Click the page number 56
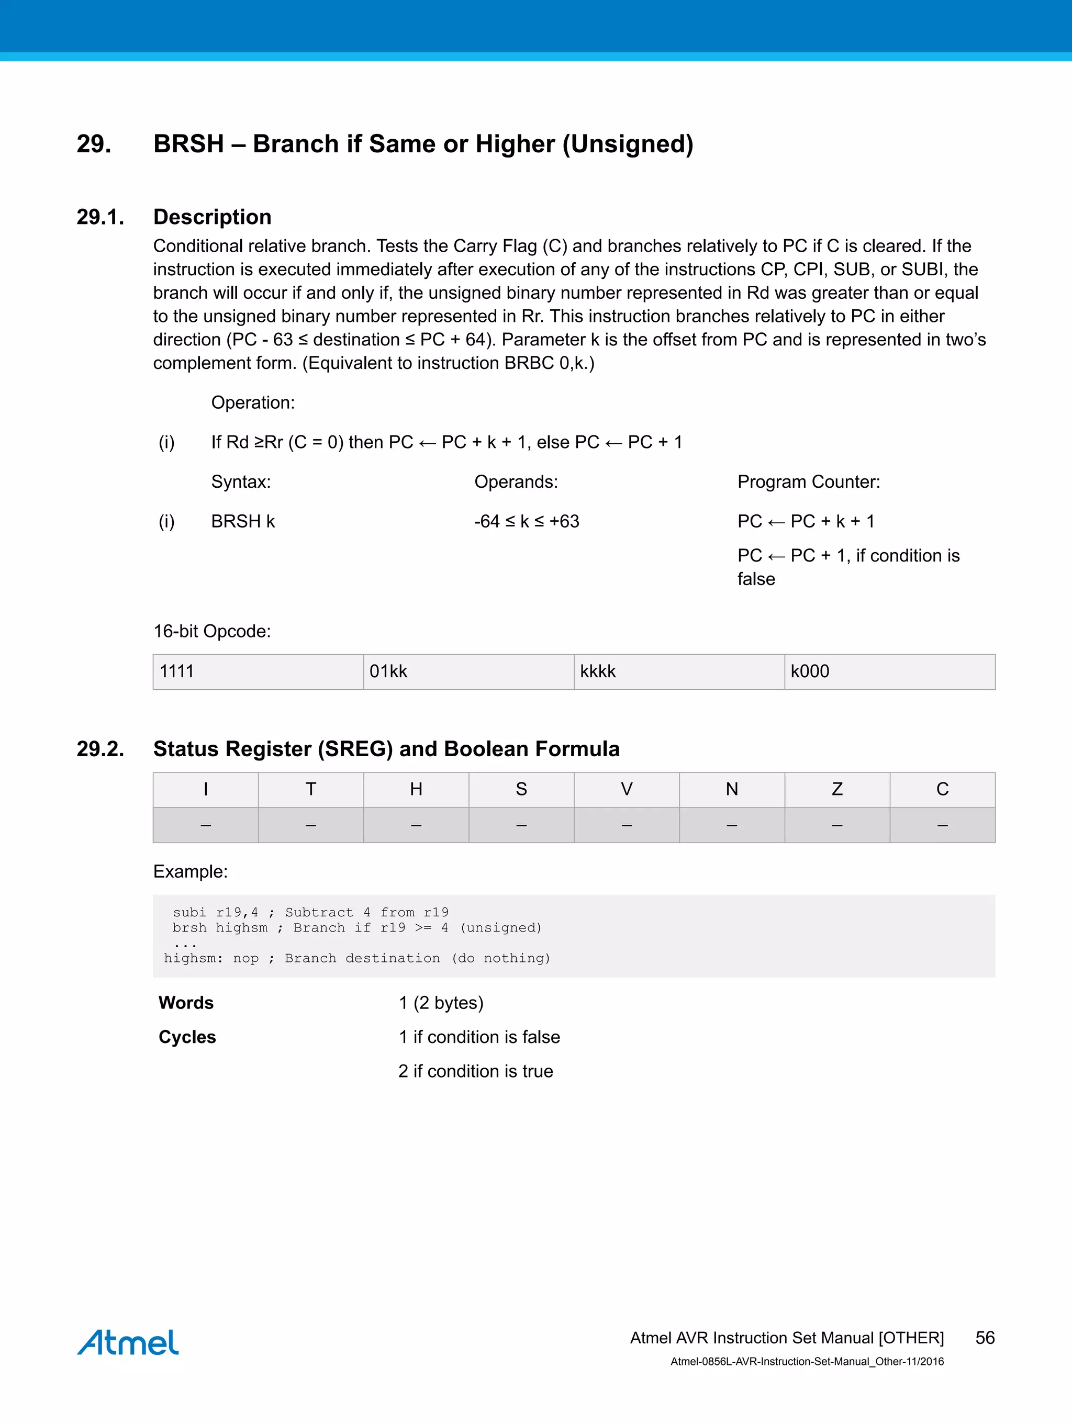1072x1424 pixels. pyautogui.click(x=985, y=1337)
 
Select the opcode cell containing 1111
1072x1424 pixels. pyautogui.click(x=258, y=671)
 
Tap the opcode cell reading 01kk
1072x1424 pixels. pyautogui.click(x=468, y=671)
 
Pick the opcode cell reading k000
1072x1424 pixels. pyautogui.click(x=889, y=671)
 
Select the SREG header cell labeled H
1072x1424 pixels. pyautogui.click(x=416, y=789)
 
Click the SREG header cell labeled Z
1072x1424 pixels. pyautogui.click(x=837, y=789)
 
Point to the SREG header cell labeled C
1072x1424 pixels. pyautogui.click(x=942, y=789)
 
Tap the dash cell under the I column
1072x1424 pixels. pyautogui.click(x=205, y=825)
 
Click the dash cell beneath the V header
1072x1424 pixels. pyautogui.click(x=627, y=825)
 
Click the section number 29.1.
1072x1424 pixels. pyautogui.click(x=100, y=217)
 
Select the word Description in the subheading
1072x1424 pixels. pyautogui.click(x=212, y=217)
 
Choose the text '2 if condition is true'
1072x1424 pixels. pyautogui.click(x=475, y=1071)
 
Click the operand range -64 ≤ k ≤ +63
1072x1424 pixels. pyautogui.click(x=526, y=521)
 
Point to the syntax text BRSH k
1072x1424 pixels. pyautogui.click(x=243, y=521)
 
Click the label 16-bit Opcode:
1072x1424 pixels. pyautogui.click(x=212, y=631)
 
